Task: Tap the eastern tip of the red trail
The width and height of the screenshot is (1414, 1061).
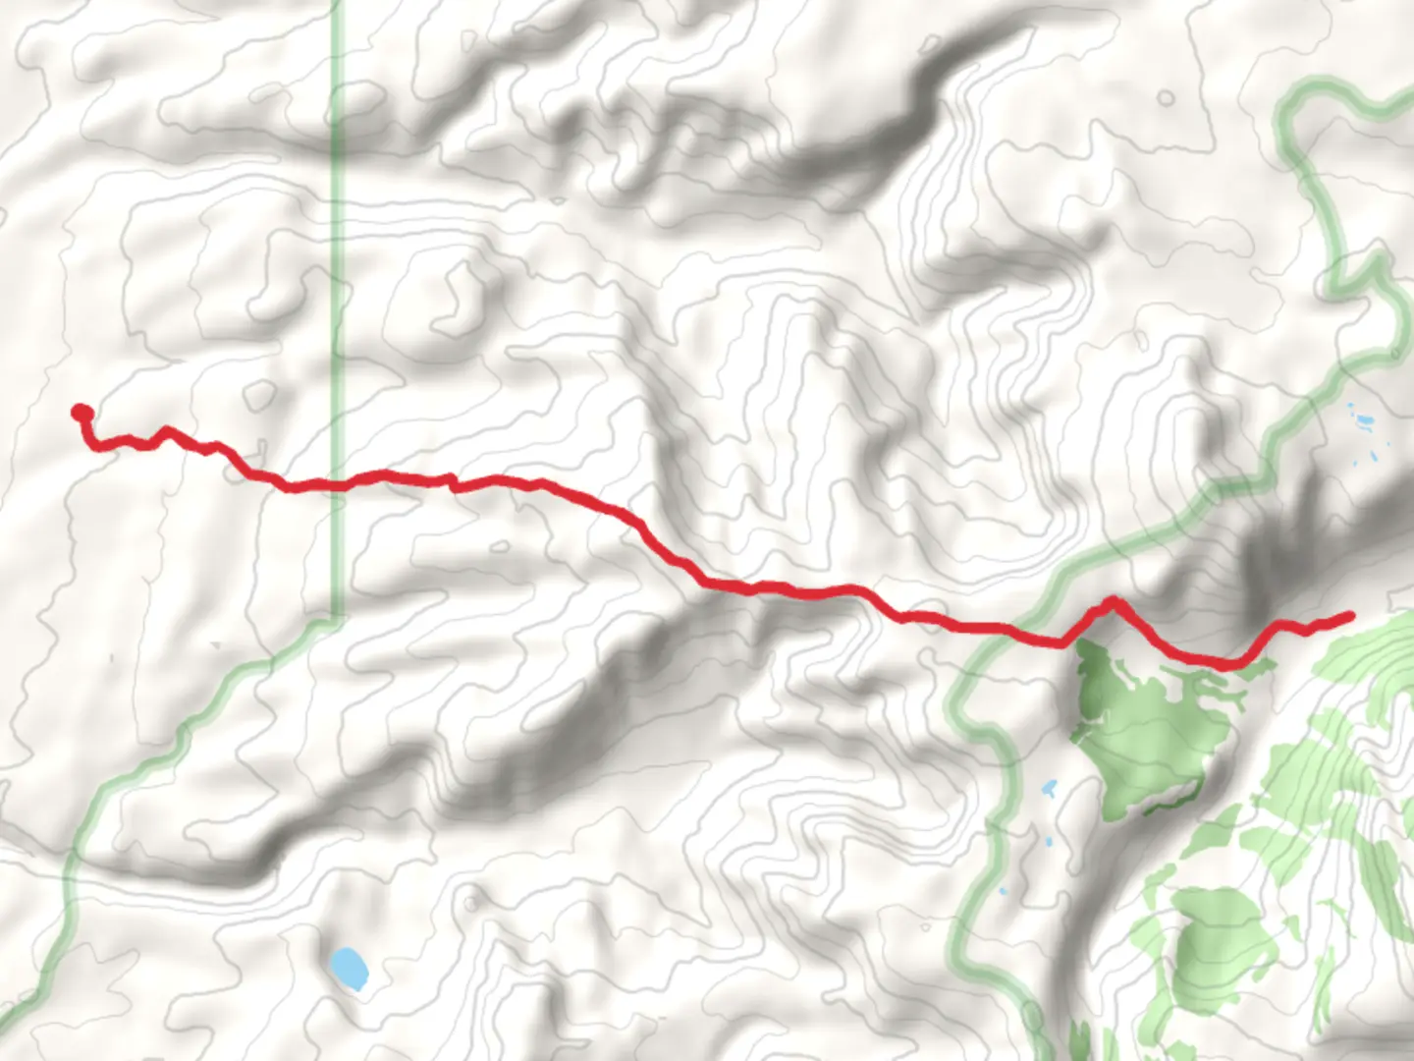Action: pyautogui.click(x=1349, y=617)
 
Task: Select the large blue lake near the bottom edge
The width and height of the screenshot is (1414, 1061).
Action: pyautogui.click(x=348, y=969)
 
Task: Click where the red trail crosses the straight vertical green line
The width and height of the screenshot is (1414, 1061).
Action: pyautogui.click(x=337, y=484)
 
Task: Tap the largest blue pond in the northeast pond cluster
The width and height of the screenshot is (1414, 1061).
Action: pyautogui.click(x=1364, y=423)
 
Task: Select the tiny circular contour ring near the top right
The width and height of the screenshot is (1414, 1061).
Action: pyautogui.click(x=1165, y=98)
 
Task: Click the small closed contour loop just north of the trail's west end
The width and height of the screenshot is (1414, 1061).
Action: pyautogui.click(x=258, y=395)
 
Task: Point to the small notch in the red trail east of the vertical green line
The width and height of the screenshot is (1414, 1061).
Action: pyautogui.click(x=452, y=480)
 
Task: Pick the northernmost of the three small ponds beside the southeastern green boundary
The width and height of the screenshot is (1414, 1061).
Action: pyautogui.click(x=1049, y=788)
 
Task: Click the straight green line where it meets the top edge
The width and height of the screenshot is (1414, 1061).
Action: pyautogui.click(x=337, y=4)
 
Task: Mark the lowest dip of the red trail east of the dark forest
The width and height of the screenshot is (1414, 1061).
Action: pyautogui.click(x=1225, y=665)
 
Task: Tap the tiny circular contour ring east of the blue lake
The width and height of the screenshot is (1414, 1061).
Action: pyautogui.click(x=471, y=898)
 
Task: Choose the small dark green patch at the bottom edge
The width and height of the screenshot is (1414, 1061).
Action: pyautogui.click(x=1080, y=1041)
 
